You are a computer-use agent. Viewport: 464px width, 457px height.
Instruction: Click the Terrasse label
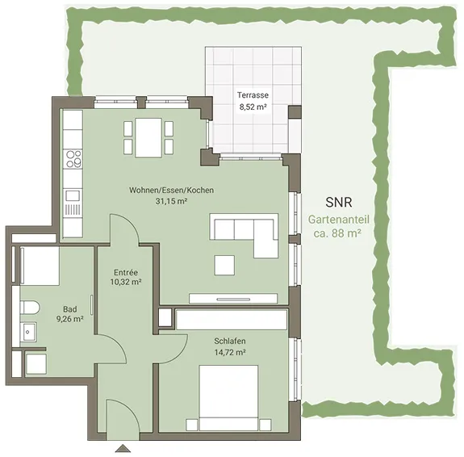[253, 95]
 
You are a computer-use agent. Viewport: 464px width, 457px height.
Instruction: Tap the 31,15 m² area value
[171, 201]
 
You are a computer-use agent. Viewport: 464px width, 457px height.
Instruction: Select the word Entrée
[126, 272]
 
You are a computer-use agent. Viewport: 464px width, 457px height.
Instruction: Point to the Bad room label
[70, 309]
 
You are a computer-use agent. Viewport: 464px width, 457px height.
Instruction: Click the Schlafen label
[230, 341]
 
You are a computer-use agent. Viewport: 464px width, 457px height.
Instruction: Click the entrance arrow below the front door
[123, 448]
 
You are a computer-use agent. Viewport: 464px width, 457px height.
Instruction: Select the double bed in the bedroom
[228, 398]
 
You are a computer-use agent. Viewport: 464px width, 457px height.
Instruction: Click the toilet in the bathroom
[30, 308]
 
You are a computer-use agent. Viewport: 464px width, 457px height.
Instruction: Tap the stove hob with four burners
[73, 159]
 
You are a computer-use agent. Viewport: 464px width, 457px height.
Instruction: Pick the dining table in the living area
[148, 138]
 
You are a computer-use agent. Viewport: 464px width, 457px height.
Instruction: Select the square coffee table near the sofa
[224, 266]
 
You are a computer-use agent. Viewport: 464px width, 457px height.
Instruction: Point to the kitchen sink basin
[73, 195]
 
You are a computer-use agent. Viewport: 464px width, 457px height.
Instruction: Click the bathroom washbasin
[28, 332]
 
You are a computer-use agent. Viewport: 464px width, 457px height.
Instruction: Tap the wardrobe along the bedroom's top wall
[232, 319]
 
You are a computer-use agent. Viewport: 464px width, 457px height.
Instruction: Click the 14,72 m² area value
[230, 353]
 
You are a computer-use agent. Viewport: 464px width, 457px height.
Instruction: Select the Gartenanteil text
[339, 220]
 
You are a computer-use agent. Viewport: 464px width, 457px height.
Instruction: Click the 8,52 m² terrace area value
[253, 107]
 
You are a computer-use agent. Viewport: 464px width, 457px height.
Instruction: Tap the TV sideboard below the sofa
[233, 299]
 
